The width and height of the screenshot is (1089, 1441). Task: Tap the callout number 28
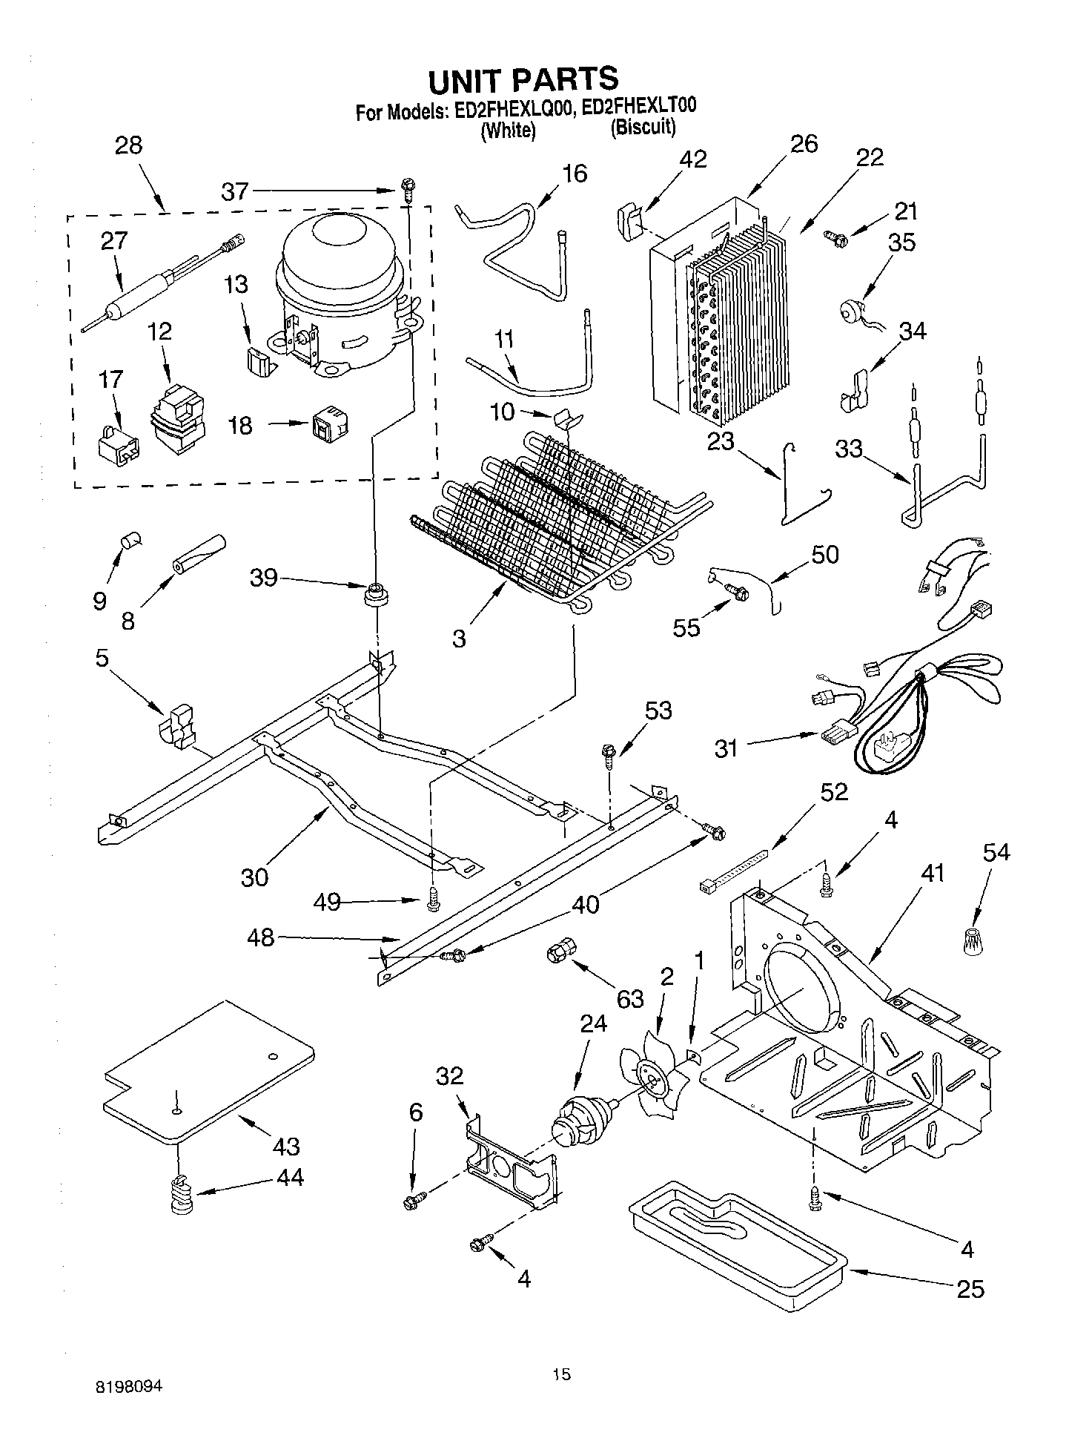point(128,145)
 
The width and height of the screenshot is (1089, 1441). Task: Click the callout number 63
point(630,999)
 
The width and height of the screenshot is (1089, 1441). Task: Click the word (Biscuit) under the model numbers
point(643,128)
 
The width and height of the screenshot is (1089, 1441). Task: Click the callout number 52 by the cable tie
point(833,791)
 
